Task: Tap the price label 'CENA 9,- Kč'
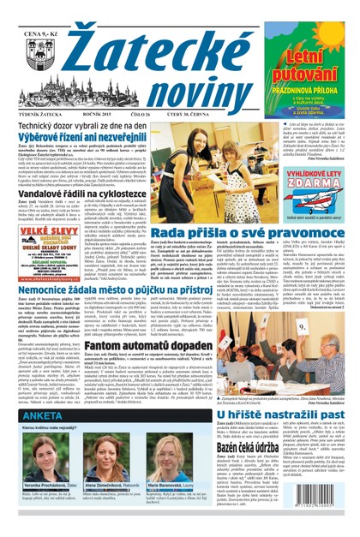click(x=42, y=11)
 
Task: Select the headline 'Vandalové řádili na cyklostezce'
click(x=85, y=197)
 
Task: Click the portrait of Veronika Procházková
click(x=42, y=453)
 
